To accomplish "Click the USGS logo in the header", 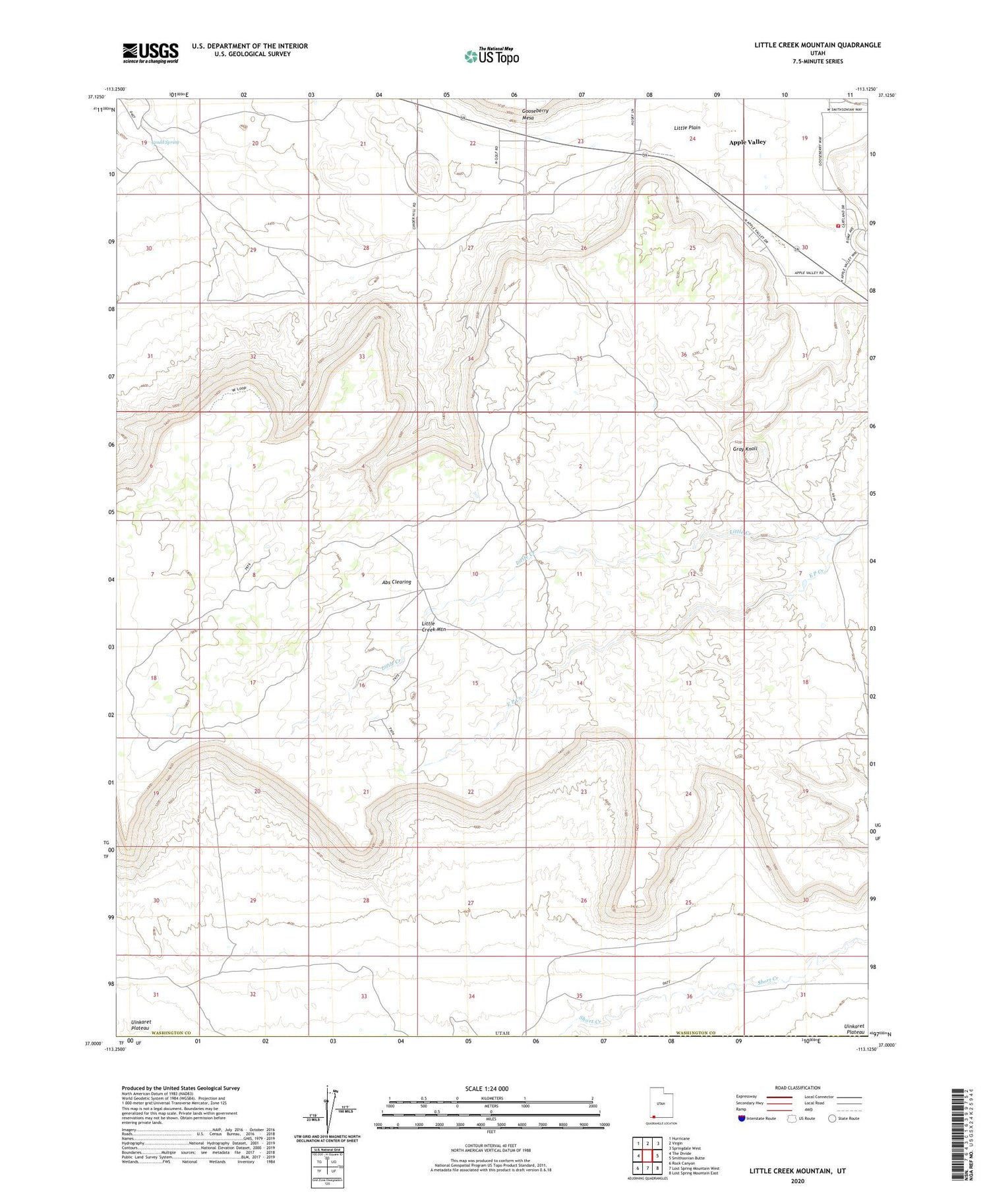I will tap(150, 53).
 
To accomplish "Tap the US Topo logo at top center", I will tap(491, 57).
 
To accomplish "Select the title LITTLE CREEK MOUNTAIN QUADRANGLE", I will tap(818, 45).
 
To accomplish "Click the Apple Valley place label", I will tap(747, 142).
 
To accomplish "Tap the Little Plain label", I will tap(686, 127).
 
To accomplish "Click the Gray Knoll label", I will tap(745, 449).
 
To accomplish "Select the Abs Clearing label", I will tap(396, 582).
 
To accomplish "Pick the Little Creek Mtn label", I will tap(434, 626).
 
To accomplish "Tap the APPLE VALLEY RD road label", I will tap(809, 273).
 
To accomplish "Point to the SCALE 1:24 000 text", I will tap(491, 1088).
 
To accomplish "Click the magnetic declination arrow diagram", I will tap(327, 1107).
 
